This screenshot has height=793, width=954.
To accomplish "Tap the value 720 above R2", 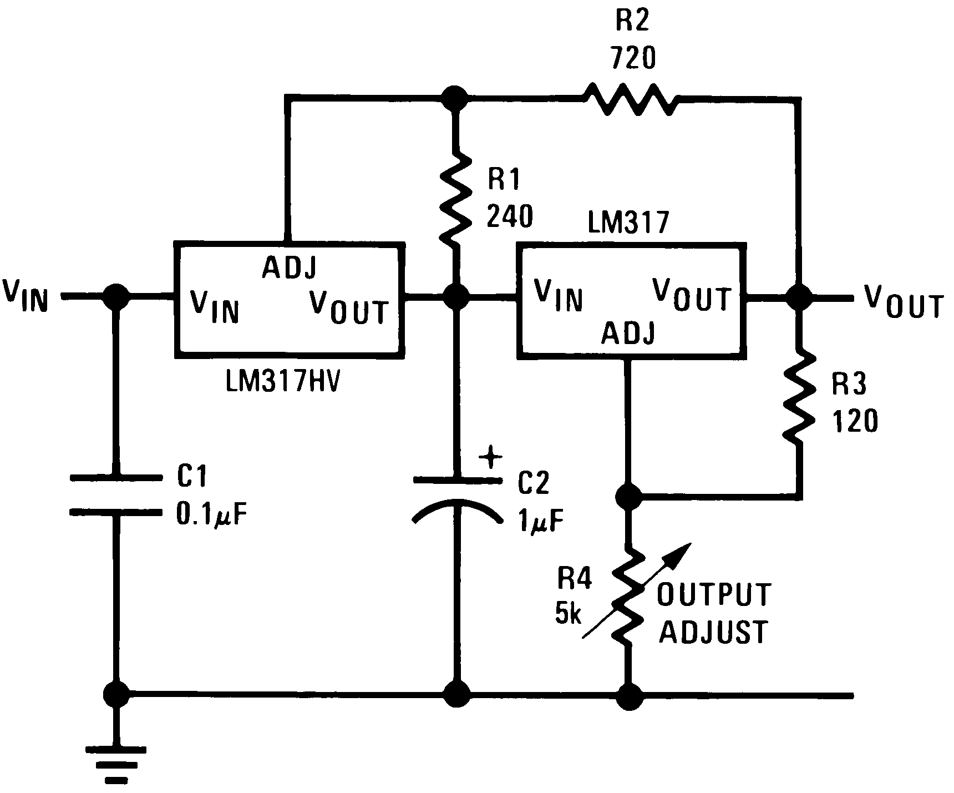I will coord(632,57).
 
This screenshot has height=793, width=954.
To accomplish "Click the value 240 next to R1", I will coord(510,217).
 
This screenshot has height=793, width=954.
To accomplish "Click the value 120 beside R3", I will coord(855,422).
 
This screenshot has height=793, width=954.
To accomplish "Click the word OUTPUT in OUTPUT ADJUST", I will coord(714,594).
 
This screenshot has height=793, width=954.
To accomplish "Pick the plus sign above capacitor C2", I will coord(490,458).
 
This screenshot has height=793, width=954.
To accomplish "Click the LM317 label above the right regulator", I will coord(628,224).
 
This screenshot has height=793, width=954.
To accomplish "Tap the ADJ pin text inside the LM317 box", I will coord(628,333).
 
